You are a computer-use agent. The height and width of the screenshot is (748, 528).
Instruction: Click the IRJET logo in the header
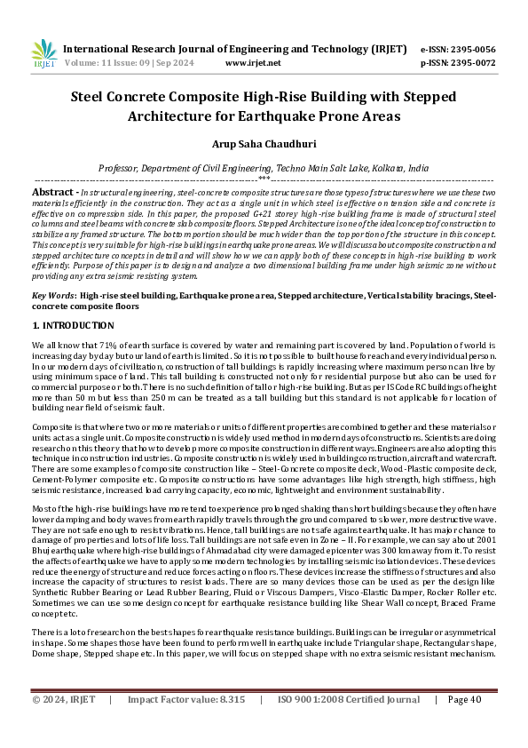(44, 55)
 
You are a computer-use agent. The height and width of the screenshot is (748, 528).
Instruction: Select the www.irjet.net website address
(253, 63)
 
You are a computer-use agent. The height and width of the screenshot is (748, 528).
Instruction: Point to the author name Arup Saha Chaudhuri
(264, 143)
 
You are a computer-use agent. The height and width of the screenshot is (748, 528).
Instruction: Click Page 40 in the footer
(466, 725)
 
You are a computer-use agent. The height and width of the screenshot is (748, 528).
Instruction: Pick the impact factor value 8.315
(230, 725)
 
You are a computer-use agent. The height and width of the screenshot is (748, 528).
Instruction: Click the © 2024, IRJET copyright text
(63, 725)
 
